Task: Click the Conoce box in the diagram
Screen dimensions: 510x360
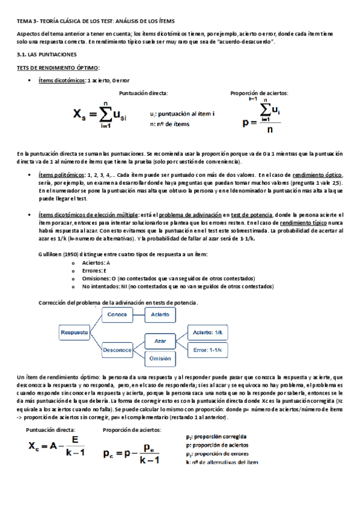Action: [x=117, y=315]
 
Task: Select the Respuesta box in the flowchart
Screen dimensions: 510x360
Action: [x=73, y=331]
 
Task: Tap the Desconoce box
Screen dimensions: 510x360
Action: [x=117, y=349]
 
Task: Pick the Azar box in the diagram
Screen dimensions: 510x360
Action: [x=160, y=340]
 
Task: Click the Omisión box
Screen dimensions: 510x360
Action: [x=160, y=357]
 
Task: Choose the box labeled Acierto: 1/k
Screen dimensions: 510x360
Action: [x=208, y=332]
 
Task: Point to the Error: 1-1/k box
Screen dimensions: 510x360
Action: [x=208, y=349]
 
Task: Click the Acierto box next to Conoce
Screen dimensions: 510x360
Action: [x=160, y=315]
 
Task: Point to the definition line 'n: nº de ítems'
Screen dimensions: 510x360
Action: [x=169, y=124]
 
